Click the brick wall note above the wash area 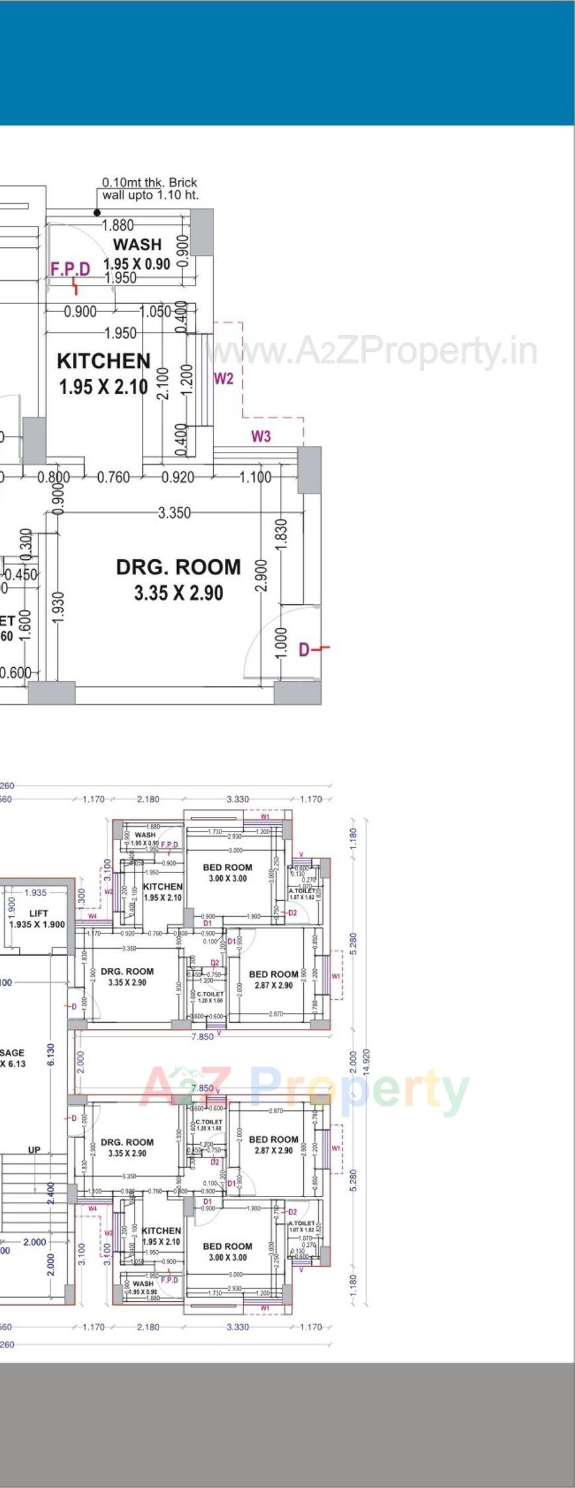click(x=149, y=188)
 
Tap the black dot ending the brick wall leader click(x=97, y=213)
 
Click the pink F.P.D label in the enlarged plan click(x=70, y=268)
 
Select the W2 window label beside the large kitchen click(x=224, y=378)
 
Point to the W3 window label click(x=261, y=436)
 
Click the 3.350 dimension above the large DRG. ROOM click(x=174, y=512)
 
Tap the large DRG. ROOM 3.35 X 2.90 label click(x=178, y=579)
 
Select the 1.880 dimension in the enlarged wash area click(x=117, y=225)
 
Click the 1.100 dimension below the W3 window click(x=255, y=476)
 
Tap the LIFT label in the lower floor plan click(x=38, y=913)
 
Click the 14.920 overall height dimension click(x=366, y=1061)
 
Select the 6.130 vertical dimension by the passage click(x=51, y=1053)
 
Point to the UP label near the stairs click(x=34, y=1149)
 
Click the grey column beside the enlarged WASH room click(x=202, y=233)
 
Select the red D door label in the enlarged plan click(x=304, y=650)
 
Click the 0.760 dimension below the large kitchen click(x=113, y=476)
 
